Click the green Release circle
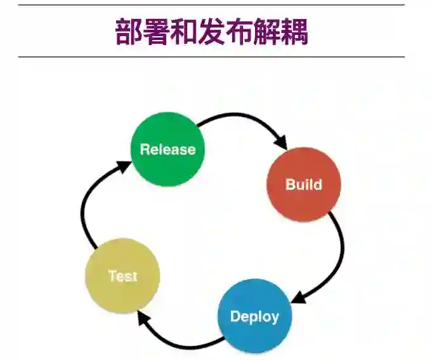167,149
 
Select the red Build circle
304,185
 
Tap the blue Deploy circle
254,316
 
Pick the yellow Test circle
122,276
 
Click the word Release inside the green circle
167,150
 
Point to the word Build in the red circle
304,185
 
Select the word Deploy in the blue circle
254,316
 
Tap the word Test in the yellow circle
122,276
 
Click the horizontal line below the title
211,57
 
